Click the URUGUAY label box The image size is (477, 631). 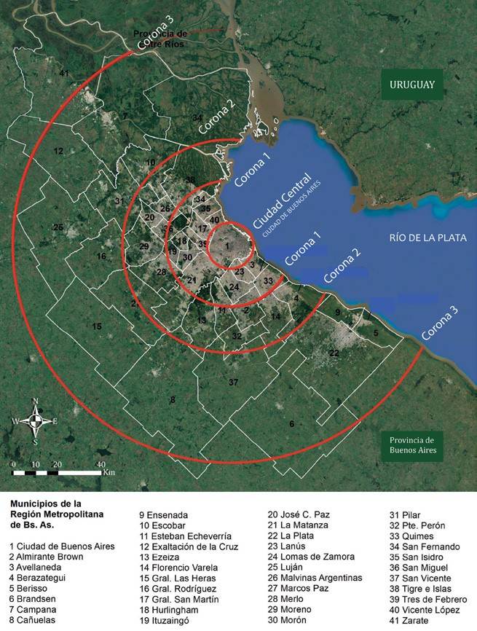(x=411, y=85)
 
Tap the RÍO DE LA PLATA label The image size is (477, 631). (x=427, y=238)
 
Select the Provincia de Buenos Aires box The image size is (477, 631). (x=411, y=444)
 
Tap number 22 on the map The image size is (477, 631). (x=334, y=353)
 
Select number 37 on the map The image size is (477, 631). (x=233, y=383)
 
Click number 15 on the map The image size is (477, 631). (x=96, y=326)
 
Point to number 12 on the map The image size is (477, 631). (x=58, y=151)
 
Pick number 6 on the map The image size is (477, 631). (x=291, y=424)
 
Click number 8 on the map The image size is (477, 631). (x=172, y=400)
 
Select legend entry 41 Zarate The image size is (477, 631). (x=414, y=619)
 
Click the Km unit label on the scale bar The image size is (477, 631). (x=109, y=473)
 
